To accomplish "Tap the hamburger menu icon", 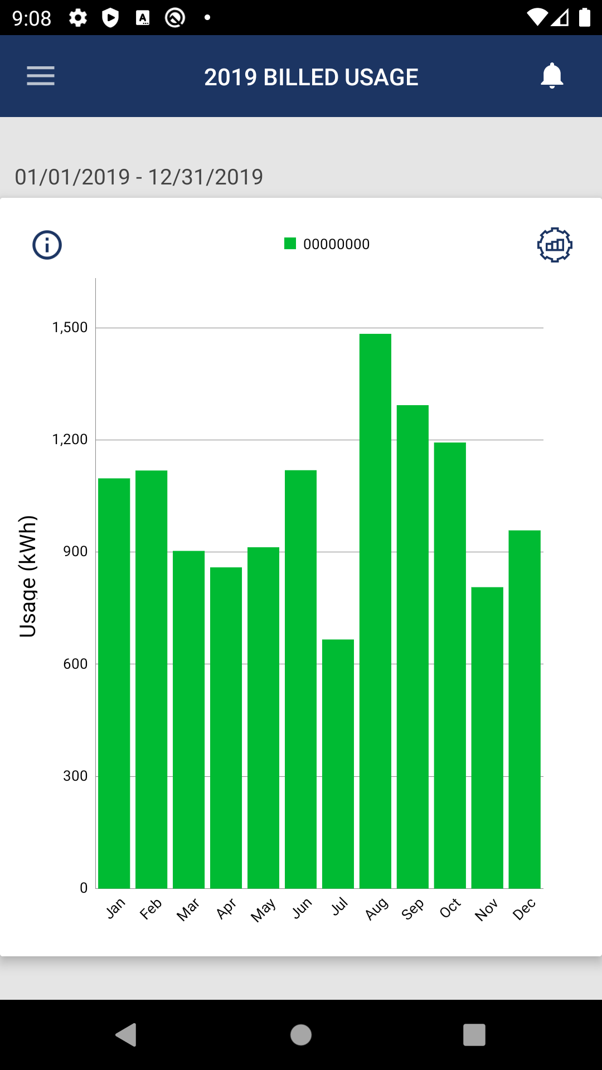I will pos(41,76).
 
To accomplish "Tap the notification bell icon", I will pos(552,76).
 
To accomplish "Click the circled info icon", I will pos(47,245).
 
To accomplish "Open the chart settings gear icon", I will pos(555,245).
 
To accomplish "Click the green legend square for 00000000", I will pos(290,244).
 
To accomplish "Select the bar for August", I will pos(375,610).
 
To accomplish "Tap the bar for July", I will pos(338,763).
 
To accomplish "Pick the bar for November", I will pos(487,737).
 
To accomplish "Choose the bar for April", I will pos(226,727).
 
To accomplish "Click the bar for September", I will pos(412,646).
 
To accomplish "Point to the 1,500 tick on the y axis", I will pos(70,327).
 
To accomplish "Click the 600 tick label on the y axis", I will pos(75,664).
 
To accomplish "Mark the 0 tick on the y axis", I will pos(84,888).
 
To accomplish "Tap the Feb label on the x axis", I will pos(151,909).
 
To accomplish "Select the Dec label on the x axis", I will pos(524,909).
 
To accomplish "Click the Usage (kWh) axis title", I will pos(28,576).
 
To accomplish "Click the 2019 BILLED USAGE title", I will pos(311,77).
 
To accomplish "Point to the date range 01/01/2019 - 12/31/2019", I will pos(139,177).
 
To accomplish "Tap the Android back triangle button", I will pos(127,1035).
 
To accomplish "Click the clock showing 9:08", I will pos(32,18).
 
